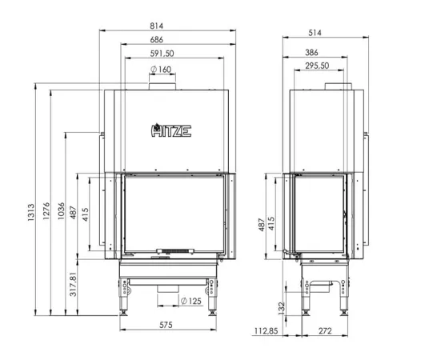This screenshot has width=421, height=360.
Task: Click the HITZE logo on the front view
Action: (171, 130)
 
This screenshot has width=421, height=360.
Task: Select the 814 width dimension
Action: (156, 26)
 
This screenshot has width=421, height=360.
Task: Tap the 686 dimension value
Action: (156, 39)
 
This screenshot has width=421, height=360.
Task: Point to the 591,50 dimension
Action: (162, 54)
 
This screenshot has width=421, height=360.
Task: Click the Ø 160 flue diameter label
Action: (161, 70)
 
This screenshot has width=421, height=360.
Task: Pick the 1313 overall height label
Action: (31, 212)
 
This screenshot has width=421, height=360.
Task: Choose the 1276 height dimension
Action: (46, 211)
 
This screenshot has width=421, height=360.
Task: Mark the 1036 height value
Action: (61, 211)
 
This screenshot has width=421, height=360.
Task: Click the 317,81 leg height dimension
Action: (73, 284)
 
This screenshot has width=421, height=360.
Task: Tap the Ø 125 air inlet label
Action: (191, 301)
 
